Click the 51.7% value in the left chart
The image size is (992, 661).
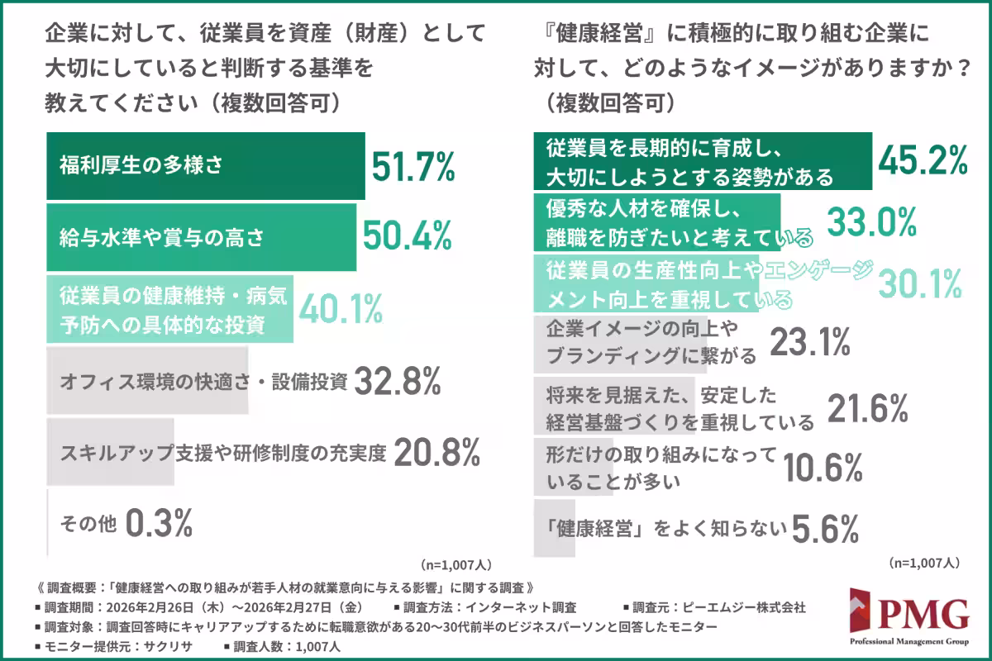[413, 166]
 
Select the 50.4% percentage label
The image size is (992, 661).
[408, 236]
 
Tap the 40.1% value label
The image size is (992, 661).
[340, 309]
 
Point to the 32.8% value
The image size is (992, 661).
[397, 382]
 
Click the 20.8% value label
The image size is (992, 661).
[436, 453]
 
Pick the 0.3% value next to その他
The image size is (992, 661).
[160, 522]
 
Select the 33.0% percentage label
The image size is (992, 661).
[872, 221]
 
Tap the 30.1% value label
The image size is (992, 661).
[918, 283]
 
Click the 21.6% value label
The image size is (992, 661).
[867, 407]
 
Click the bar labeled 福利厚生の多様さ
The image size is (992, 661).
[205, 166]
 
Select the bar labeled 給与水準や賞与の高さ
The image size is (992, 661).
[201, 236]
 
